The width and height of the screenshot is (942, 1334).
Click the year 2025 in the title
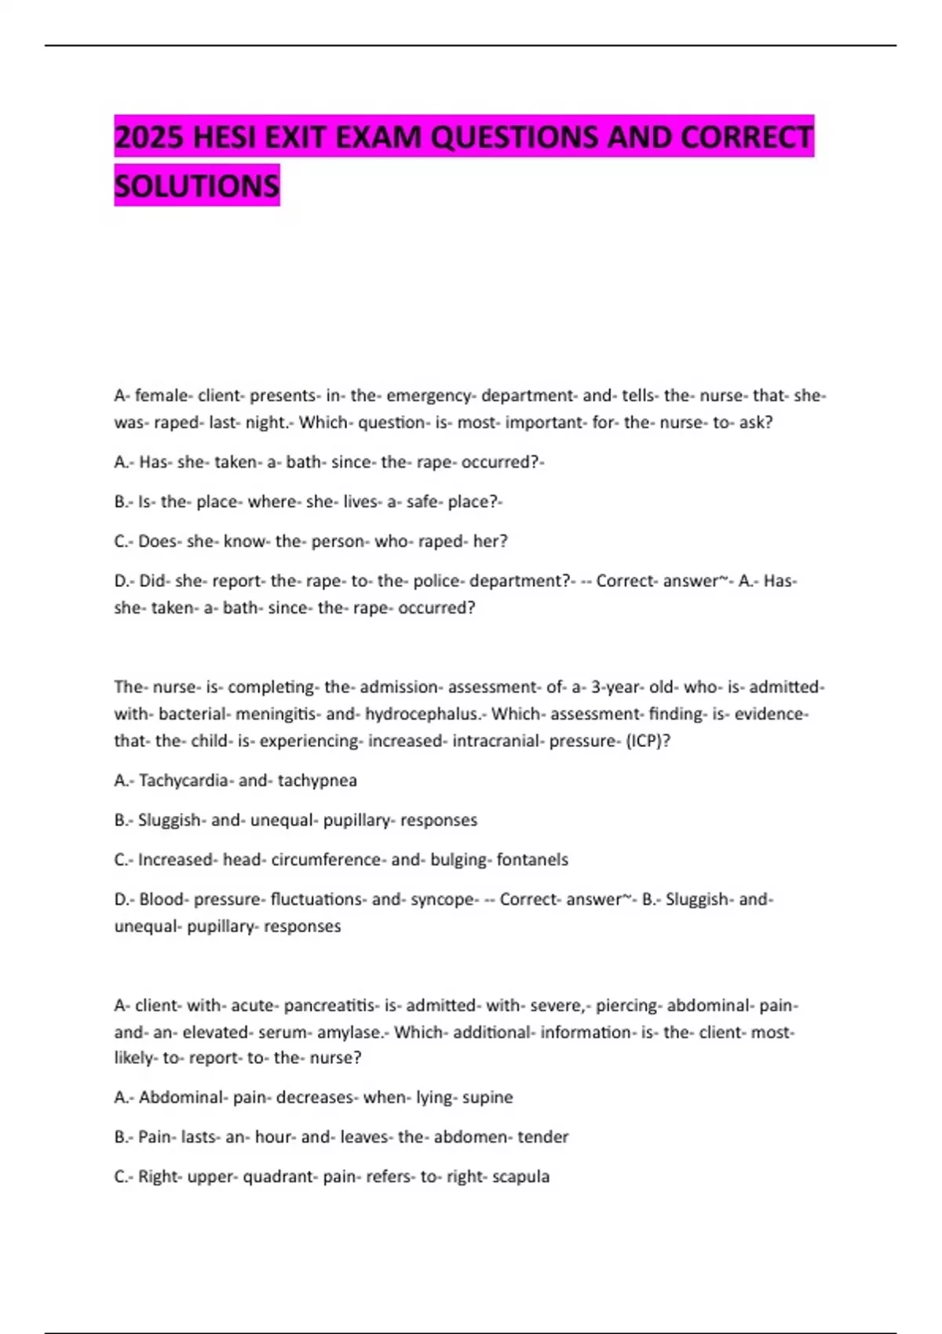(x=149, y=137)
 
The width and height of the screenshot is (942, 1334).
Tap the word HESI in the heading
(x=223, y=137)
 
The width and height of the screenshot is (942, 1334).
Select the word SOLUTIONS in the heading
(x=196, y=186)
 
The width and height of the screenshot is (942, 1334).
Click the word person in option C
(x=340, y=541)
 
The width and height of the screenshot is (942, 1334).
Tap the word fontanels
(x=532, y=860)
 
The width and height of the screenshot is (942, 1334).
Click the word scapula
(x=520, y=1177)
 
